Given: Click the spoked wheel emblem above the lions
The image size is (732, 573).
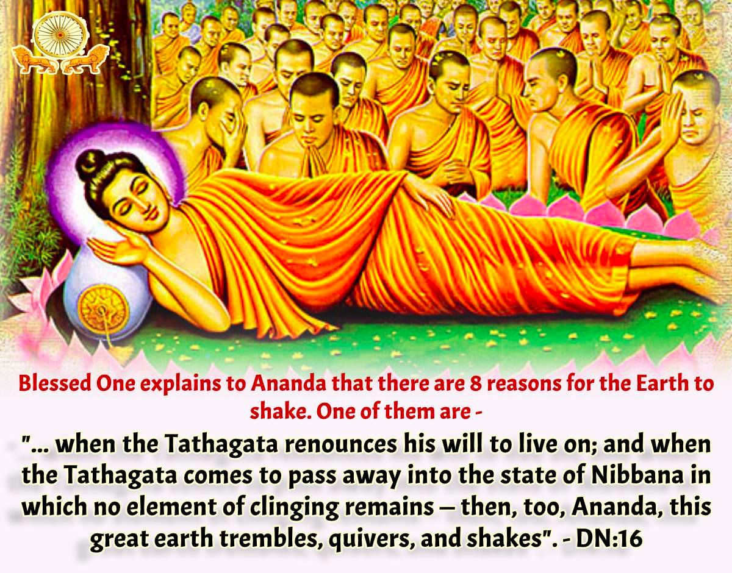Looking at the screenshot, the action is (60, 35).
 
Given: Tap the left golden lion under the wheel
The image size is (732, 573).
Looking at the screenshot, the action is (35, 60).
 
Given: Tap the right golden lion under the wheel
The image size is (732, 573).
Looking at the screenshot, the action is (85, 60).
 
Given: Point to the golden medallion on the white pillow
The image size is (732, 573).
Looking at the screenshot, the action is (102, 307).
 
